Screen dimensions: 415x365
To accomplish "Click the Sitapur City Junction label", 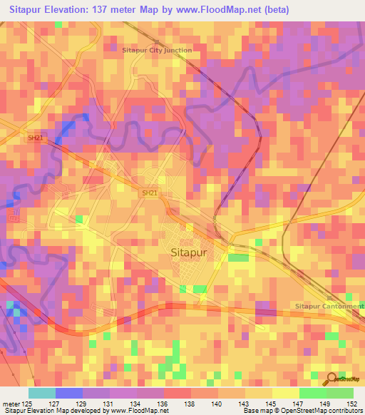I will click(157, 51).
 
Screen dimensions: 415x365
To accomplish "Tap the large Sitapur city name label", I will click(193, 252).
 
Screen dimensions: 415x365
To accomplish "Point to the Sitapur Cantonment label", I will click(329, 306).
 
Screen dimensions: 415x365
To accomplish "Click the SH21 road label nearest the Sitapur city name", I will click(148, 193).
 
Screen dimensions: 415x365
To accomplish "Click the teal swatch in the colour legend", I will click(41, 393).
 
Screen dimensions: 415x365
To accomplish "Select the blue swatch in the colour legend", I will click(68, 393).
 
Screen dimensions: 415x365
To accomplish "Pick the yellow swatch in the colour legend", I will click(285, 393).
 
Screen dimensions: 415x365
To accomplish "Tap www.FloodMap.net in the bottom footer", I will click(139, 411).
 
